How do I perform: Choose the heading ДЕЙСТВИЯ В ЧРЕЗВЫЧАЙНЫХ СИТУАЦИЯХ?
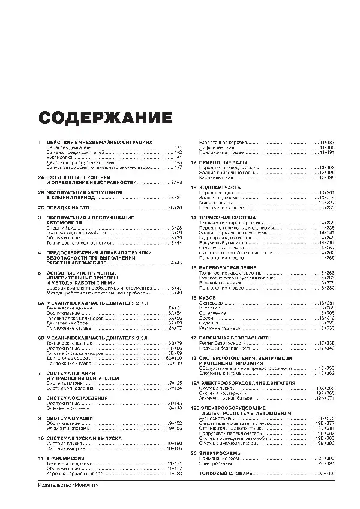(99, 142)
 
